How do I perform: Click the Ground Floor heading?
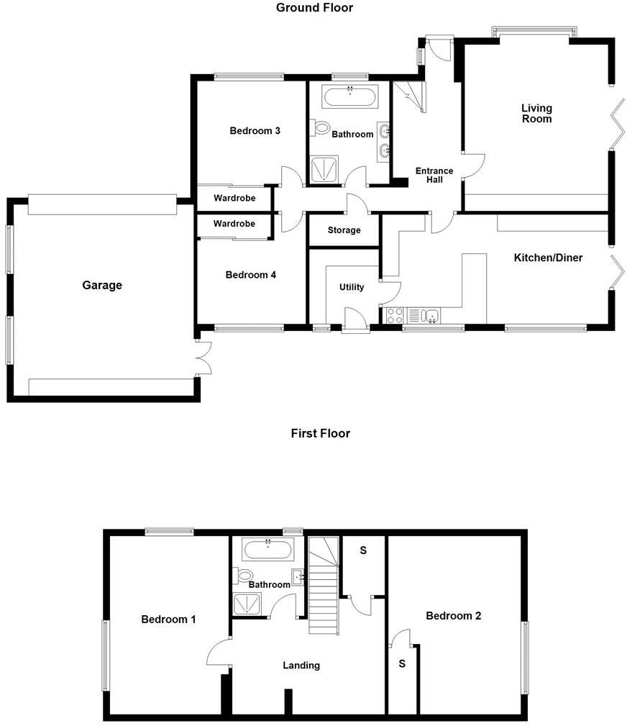coord(314,8)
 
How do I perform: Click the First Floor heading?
coord(320,433)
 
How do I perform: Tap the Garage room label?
coord(102,285)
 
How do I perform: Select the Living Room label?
coord(536,113)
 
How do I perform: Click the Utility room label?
coord(352,287)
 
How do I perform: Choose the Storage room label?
coord(344,230)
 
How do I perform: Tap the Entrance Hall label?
coord(434,175)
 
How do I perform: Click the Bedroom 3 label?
coord(255,130)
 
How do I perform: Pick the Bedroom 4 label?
coord(250,274)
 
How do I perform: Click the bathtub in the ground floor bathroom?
coord(349,96)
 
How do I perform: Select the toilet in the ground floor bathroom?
coord(320,128)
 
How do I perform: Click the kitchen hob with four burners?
coord(395,314)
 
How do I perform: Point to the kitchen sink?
coord(431,314)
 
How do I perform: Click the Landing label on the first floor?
coord(301,666)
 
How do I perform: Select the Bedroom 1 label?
coord(168,620)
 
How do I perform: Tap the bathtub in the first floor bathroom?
coord(267,550)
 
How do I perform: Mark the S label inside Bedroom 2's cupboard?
coord(401,663)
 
